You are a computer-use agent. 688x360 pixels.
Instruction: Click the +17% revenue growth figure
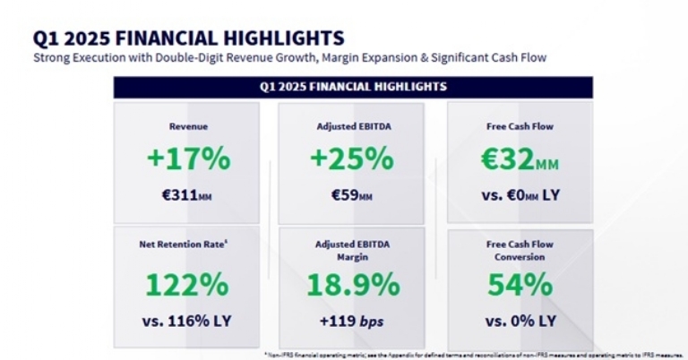point(188,159)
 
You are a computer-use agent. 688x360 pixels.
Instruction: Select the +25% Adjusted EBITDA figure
point(352,159)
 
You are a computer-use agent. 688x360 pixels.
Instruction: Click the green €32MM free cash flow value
point(519,159)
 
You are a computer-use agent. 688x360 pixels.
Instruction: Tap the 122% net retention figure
point(188,285)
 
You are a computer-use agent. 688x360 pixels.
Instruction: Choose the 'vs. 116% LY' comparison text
point(188,320)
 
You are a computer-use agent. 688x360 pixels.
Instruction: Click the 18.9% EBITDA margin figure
point(352,285)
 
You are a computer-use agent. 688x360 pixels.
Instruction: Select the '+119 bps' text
point(352,320)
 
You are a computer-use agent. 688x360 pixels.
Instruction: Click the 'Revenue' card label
point(188,127)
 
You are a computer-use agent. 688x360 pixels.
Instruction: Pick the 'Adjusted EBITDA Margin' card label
point(352,250)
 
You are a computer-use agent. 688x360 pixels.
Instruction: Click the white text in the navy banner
point(352,87)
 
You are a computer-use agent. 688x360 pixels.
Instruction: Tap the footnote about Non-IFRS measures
point(475,355)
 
